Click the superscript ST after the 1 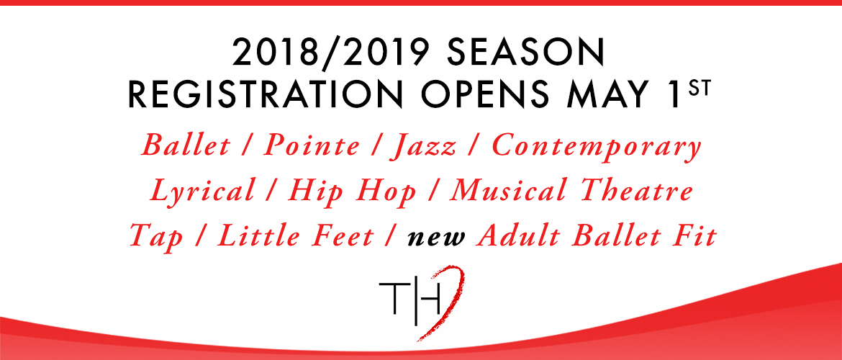[x=701, y=89]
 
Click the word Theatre [x=635, y=192]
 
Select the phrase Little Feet [x=295, y=237]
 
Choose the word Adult [x=520, y=237]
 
